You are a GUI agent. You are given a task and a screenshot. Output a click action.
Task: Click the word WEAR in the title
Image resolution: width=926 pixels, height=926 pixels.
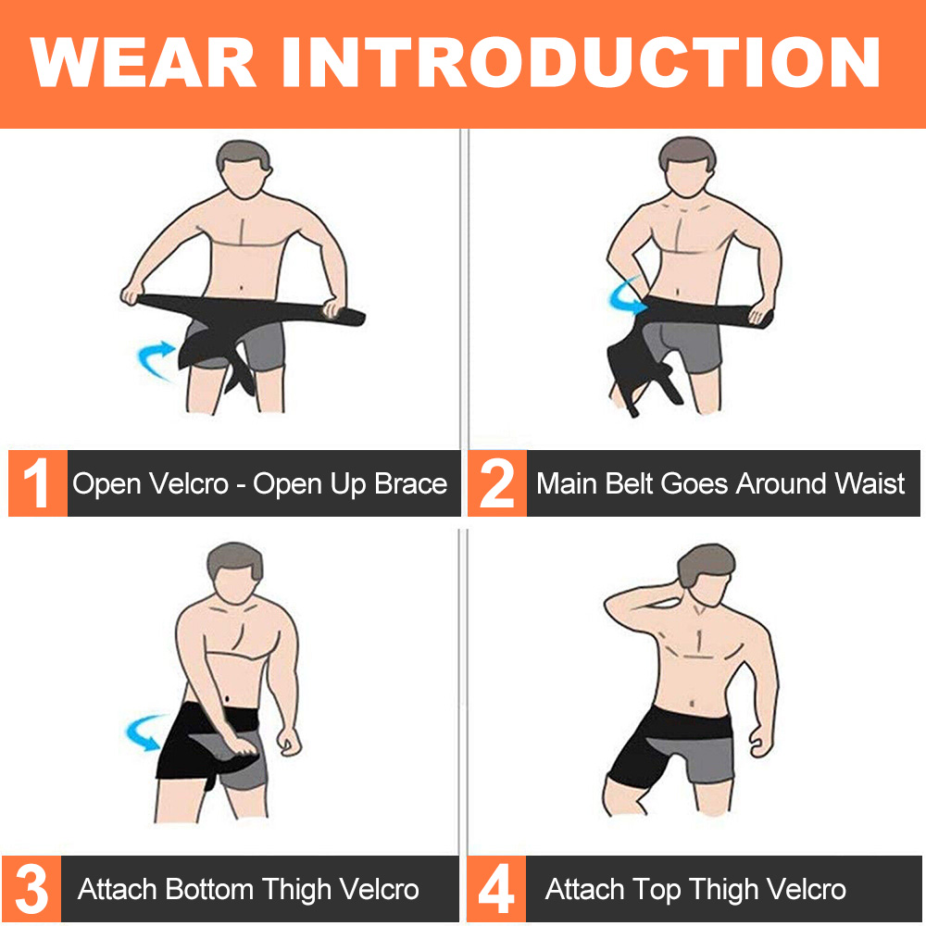(x=143, y=62)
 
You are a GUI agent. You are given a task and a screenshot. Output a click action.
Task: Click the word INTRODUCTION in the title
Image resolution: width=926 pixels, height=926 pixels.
(x=582, y=62)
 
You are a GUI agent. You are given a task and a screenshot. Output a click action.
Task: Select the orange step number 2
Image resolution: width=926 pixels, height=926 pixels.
(x=496, y=483)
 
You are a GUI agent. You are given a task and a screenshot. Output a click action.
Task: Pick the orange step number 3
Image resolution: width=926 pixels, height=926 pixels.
(x=31, y=889)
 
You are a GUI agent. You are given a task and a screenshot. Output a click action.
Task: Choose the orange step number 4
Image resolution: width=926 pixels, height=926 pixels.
(x=496, y=889)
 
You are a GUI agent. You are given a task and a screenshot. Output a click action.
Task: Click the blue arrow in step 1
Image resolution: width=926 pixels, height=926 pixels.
(x=156, y=358)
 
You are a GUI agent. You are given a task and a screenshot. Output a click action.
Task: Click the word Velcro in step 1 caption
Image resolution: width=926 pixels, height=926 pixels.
(x=188, y=483)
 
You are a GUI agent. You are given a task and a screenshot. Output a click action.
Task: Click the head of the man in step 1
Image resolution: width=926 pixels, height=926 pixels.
(x=244, y=169)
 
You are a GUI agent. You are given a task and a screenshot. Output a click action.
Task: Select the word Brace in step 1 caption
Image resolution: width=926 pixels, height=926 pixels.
(x=411, y=483)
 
